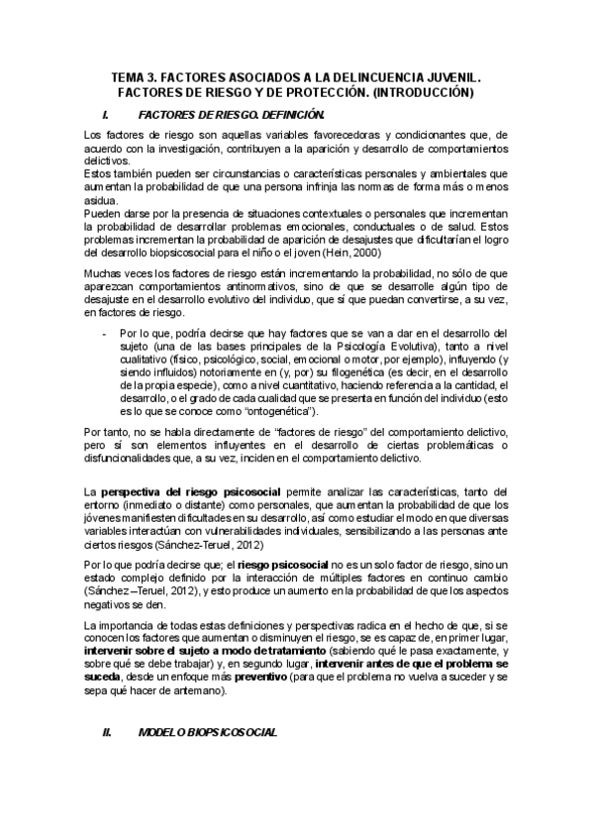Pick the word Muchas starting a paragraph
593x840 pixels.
(103, 271)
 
